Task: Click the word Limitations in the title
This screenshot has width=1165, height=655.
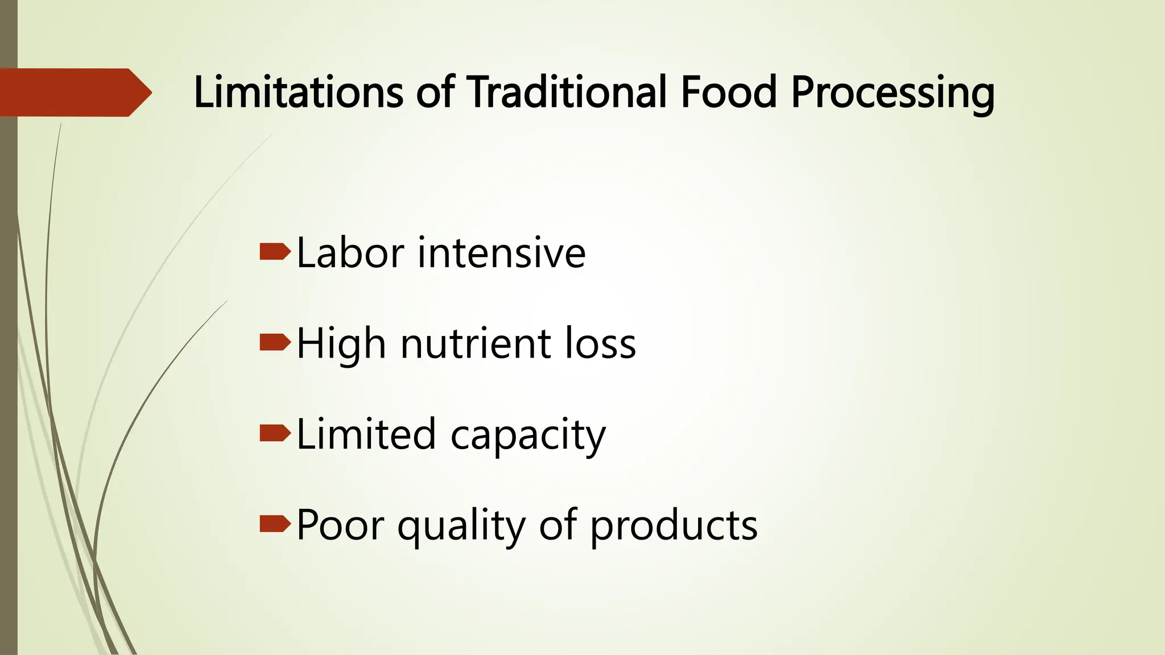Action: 298,92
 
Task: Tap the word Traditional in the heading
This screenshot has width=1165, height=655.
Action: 567,92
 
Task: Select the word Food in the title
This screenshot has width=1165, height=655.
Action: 728,92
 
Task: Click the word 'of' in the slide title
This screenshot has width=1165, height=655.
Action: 436,92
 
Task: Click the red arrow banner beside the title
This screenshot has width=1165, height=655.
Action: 74,92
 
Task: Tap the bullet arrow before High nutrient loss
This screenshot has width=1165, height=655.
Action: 275,342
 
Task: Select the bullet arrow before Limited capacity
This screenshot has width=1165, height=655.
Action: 275,433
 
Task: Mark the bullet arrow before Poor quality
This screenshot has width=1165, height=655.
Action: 275,524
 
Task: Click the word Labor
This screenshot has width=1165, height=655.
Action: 350,252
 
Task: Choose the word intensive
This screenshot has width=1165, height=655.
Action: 502,252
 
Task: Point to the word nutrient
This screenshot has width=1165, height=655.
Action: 476,343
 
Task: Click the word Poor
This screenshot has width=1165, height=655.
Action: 340,525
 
